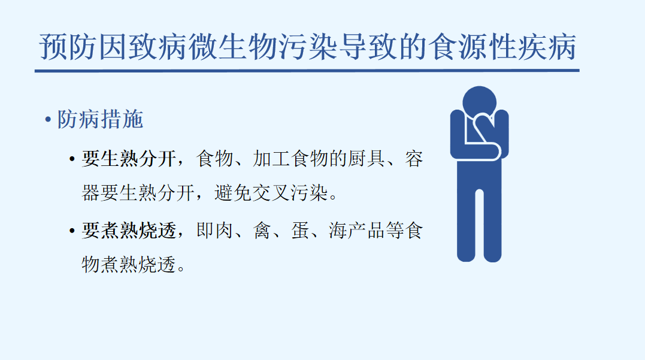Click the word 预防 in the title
pyautogui.click(x=69, y=47)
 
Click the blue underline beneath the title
pyautogui.click(x=307, y=71)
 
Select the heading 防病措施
pyautogui.click(x=101, y=120)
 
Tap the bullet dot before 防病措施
pyautogui.click(x=48, y=120)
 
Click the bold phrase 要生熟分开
pyautogui.click(x=129, y=159)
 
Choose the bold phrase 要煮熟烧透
pyautogui.click(x=129, y=231)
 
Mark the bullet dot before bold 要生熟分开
pyautogui.click(x=72, y=159)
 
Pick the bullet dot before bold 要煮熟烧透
pyautogui.click(x=72, y=231)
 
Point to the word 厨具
pyautogui.click(x=367, y=159)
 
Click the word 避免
pyautogui.click(x=233, y=193)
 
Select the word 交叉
pyautogui.click(x=271, y=193)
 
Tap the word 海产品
pyautogui.click(x=357, y=231)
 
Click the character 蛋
pyautogui.click(x=300, y=231)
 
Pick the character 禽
pyautogui.click(x=262, y=231)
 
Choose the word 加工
pyautogui.click(x=271, y=159)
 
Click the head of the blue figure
pyautogui.click(x=479, y=102)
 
